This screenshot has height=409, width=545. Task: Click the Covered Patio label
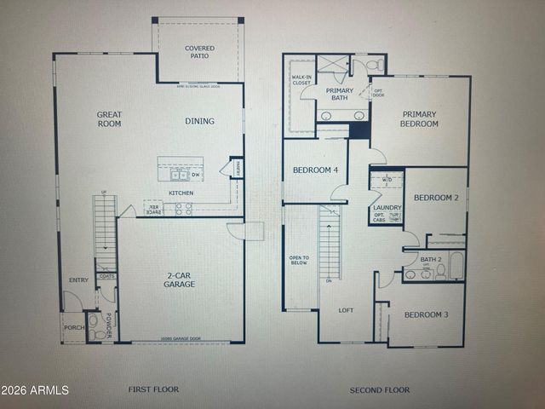(x=200, y=53)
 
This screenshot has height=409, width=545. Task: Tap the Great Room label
(x=108, y=118)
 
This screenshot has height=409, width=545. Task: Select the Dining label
(x=200, y=121)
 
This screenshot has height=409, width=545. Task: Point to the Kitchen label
(x=181, y=193)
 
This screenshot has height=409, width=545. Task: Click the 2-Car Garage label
(x=180, y=279)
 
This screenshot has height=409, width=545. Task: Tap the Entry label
(x=78, y=279)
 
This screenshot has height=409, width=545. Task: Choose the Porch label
(x=73, y=328)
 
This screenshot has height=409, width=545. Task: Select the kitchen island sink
(x=180, y=176)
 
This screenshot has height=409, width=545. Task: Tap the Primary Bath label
(x=340, y=95)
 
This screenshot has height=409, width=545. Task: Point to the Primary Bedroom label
(x=420, y=118)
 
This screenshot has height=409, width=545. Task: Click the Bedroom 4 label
(x=315, y=170)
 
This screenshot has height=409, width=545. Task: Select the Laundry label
(x=387, y=207)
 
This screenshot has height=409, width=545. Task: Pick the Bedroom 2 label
(x=436, y=198)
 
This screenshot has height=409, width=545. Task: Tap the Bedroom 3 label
(x=426, y=315)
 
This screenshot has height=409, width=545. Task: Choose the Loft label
(x=346, y=310)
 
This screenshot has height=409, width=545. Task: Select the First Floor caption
(x=153, y=389)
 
